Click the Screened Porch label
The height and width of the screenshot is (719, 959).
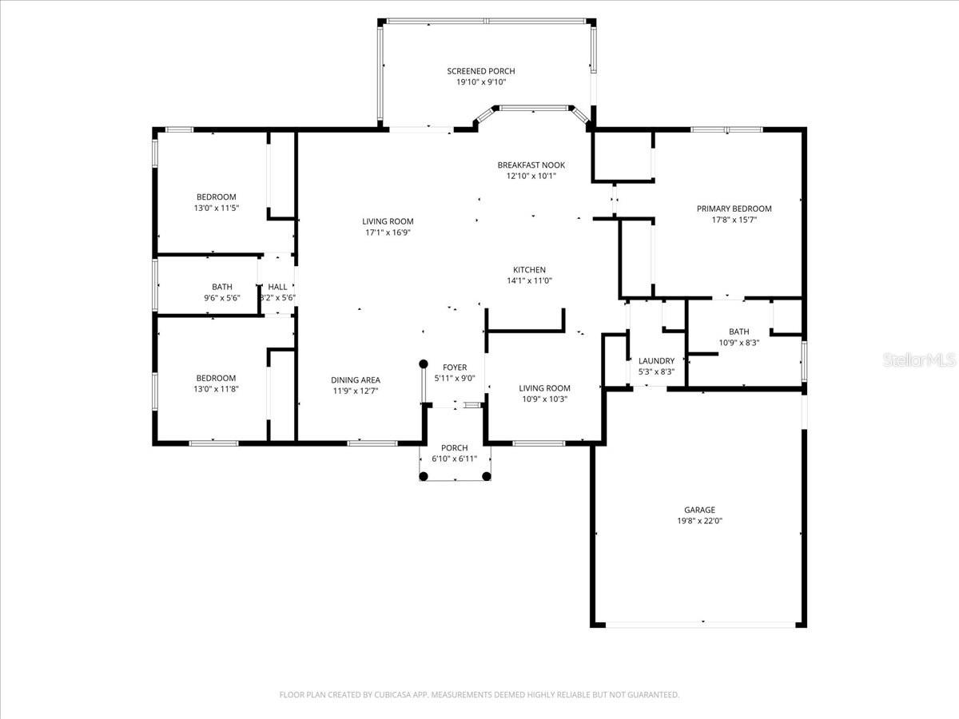click(480, 71)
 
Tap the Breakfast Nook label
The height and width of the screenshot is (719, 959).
click(531, 165)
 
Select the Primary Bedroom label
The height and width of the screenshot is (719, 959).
click(734, 209)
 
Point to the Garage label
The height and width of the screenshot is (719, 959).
click(699, 510)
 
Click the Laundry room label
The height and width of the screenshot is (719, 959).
click(656, 361)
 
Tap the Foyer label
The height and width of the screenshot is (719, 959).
click(455, 367)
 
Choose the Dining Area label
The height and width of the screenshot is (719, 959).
click(355, 380)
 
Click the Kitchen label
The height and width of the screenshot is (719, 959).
click(529, 270)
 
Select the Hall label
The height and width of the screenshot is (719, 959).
click(277, 287)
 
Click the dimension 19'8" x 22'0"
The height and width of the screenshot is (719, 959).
click(699, 521)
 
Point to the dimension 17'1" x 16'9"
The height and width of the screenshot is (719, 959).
click(388, 232)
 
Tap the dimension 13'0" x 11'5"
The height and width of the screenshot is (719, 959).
click(217, 209)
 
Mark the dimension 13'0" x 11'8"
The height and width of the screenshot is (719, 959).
click(216, 389)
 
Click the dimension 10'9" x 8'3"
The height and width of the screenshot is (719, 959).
click(738, 344)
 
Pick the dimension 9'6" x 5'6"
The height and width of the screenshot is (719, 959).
click(222, 298)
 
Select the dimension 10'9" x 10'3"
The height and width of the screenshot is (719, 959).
click(544, 399)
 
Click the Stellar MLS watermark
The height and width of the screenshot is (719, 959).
click(919, 360)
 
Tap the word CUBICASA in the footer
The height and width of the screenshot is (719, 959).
click(392, 694)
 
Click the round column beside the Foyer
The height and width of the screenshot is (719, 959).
click(423, 364)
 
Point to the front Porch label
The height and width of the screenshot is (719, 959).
click(455, 448)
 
